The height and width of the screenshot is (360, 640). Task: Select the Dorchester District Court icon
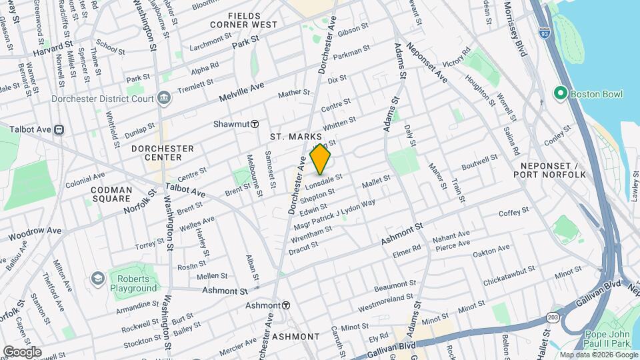pos(164,99)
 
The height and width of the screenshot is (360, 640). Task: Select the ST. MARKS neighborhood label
pos(291,137)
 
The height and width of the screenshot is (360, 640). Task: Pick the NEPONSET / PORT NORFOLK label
pos(549,169)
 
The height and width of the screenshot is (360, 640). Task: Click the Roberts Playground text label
pos(134,284)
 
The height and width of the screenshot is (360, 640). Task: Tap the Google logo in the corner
pos(22,351)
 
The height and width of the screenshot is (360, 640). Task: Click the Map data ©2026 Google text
pos(598,355)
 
